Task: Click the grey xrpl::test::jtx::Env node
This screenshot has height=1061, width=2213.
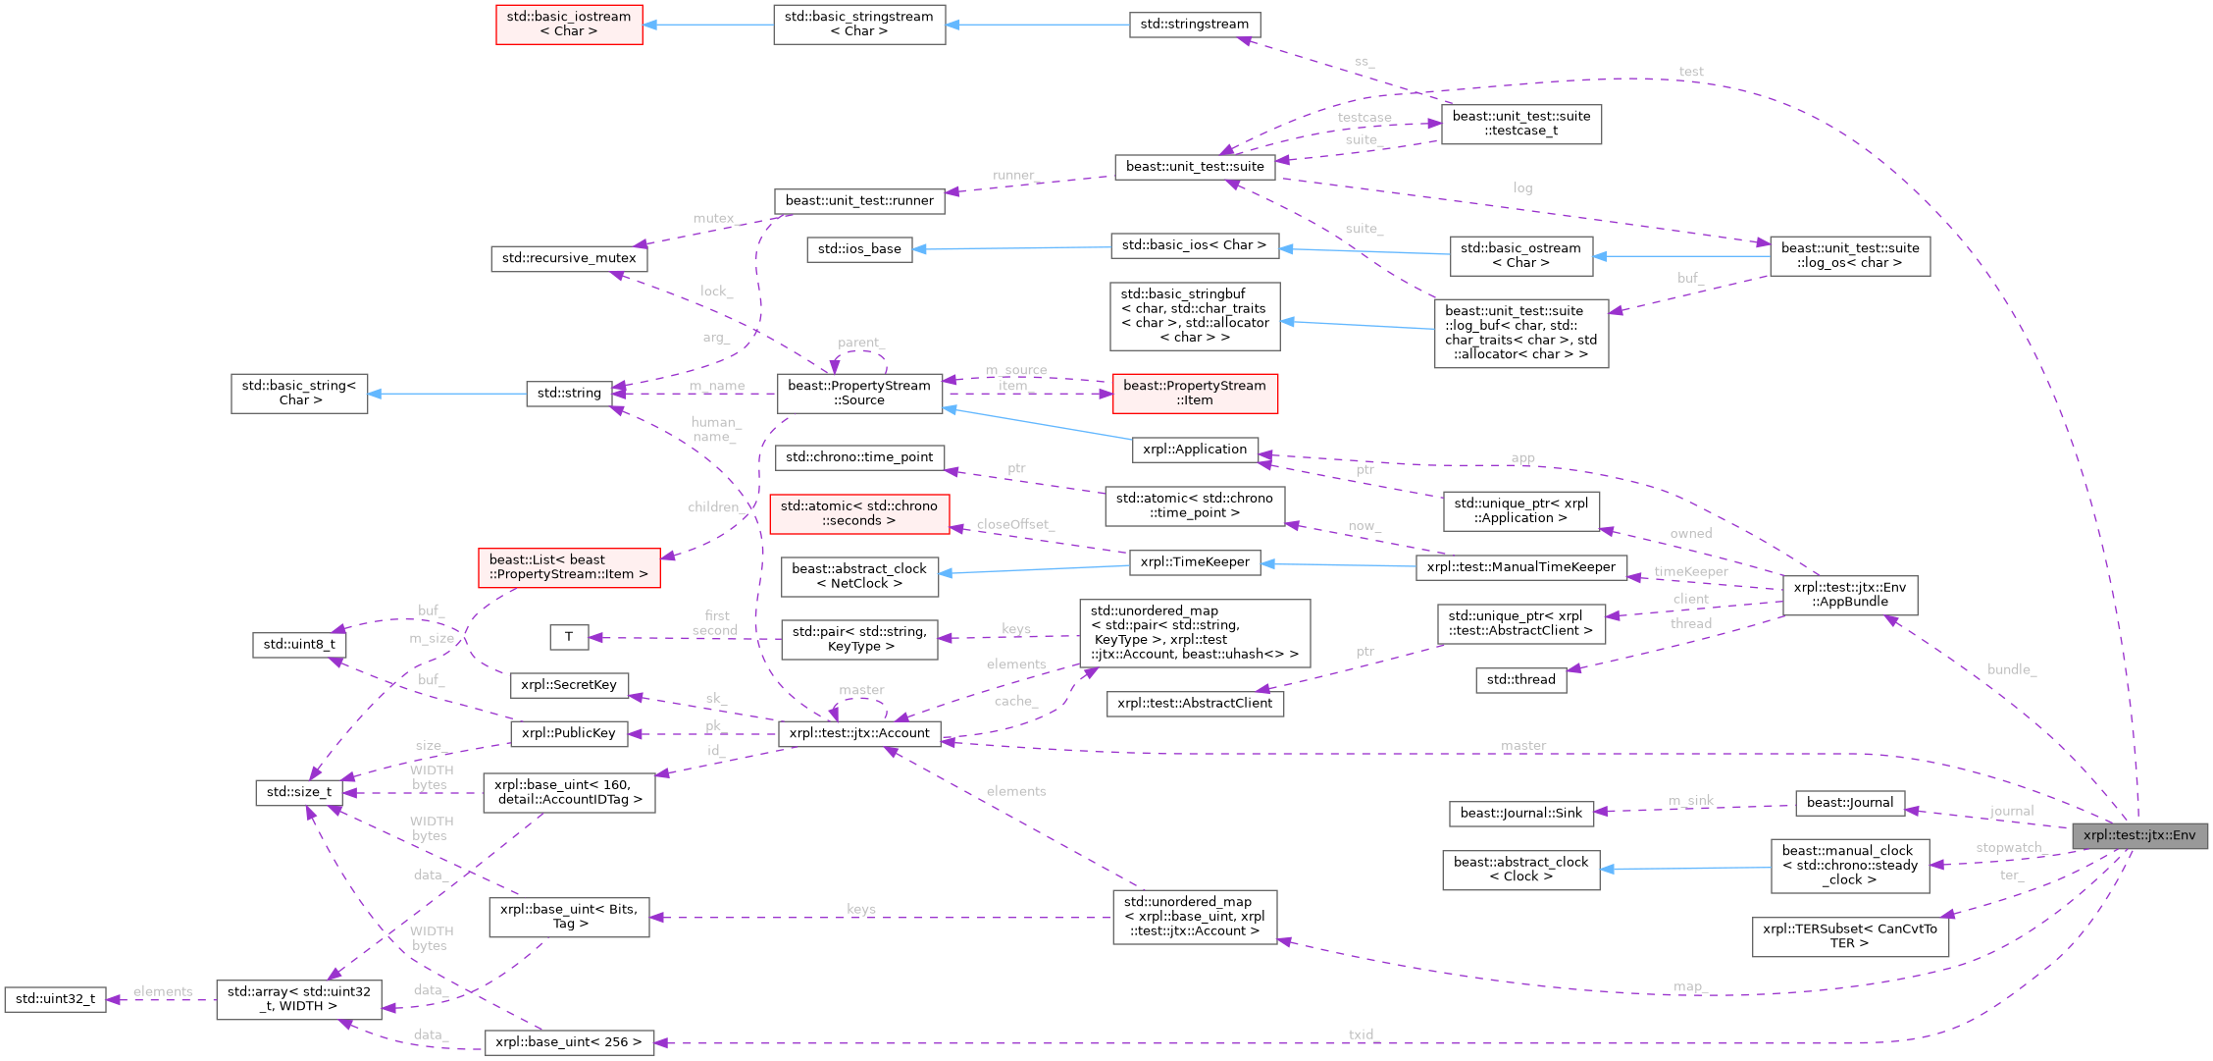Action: pos(2138,835)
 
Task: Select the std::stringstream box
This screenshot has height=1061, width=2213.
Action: pos(1194,25)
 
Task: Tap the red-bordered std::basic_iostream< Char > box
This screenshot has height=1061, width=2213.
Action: pos(569,25)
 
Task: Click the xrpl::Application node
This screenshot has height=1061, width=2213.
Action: pos(1194,450)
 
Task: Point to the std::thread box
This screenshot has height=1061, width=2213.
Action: pos(1520,679)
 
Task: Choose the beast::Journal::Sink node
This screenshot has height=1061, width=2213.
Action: pos(1520,813)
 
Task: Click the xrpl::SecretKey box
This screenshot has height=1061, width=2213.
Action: pos(569,685)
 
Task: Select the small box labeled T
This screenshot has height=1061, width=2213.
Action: pos(568,637)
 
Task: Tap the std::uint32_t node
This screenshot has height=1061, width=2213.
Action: pos(55,999)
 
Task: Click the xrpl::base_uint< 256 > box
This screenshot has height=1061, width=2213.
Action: pos(569,1042)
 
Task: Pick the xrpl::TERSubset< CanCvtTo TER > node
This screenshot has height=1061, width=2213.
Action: pos(1849,935)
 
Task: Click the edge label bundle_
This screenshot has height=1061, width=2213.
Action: pos(2011,669)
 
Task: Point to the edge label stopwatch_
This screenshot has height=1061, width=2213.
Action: pos(2008,848)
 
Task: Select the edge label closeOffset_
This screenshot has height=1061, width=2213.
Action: pos(1015,525)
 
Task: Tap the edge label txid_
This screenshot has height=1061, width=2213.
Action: pos(1362,1034)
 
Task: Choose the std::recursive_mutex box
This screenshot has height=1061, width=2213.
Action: pos(569,258)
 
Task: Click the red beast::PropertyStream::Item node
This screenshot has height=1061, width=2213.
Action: pos(1194,393)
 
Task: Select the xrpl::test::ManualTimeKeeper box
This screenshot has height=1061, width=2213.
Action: pos(1520,567)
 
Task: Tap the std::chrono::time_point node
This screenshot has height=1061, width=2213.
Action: pos(859,457)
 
